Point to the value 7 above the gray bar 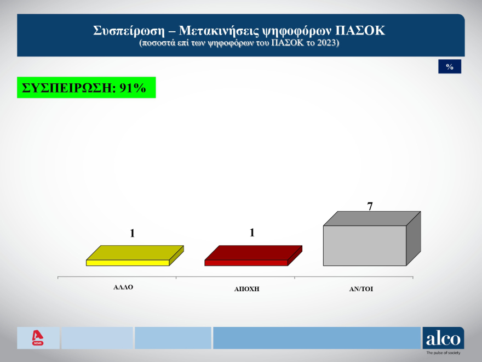[370, 206]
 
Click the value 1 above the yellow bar [132, 234]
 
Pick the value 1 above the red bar [252, 233]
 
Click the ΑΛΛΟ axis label [123, 287]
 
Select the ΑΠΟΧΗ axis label [246, 289]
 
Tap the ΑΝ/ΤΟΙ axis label [361, 289]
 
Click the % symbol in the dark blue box [450, 66]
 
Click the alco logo [443, 338]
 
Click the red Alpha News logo [38, 338]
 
